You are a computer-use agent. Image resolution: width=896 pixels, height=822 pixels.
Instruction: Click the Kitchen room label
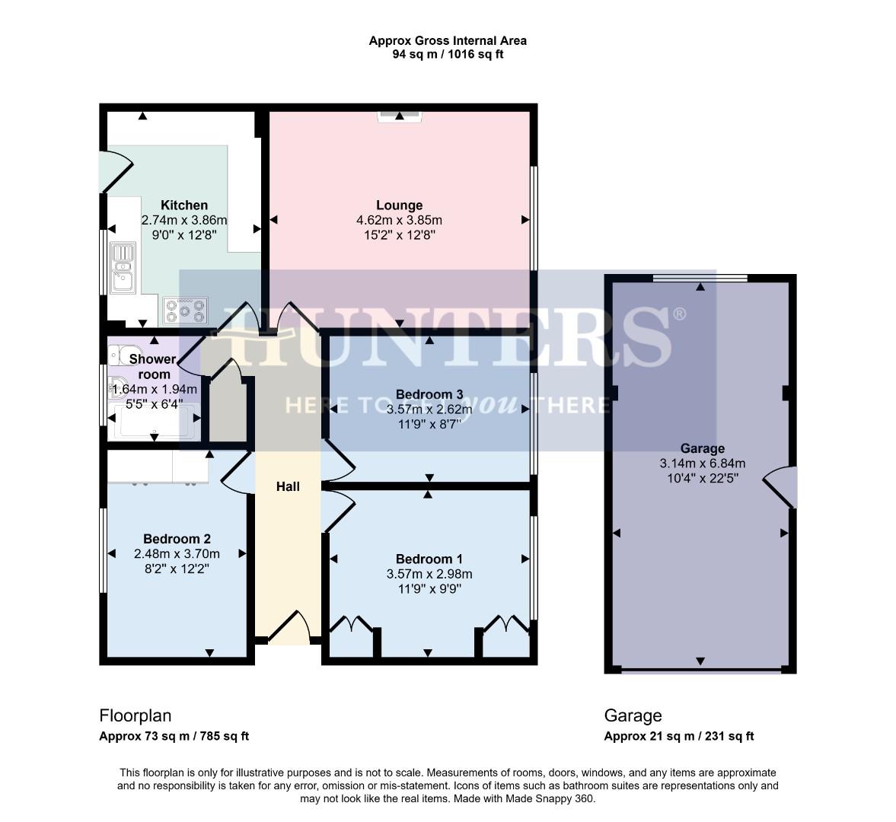(184, 205)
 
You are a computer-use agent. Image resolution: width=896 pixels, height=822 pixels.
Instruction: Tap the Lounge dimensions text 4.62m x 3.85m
(400, 221)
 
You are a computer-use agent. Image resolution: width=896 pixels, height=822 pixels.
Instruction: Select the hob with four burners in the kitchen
(183, 310)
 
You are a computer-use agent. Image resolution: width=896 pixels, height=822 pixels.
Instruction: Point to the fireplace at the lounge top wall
(400, 116)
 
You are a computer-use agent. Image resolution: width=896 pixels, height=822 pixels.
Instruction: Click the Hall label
(288, 486)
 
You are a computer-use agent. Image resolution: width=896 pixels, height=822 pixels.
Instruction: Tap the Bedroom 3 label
(429, 394)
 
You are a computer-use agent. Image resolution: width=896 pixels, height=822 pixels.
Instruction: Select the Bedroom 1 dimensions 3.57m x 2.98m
(429, 574)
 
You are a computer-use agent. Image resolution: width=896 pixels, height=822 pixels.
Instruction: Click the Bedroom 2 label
(177, 539)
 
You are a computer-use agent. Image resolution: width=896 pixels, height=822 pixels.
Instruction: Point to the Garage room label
(702, 448)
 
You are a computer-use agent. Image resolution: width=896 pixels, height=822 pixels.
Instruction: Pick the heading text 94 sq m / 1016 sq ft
(448, 55)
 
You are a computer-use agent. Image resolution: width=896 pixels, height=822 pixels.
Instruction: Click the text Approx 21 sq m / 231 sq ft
(678, 736)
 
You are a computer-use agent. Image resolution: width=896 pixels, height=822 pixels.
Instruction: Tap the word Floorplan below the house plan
(136, 715)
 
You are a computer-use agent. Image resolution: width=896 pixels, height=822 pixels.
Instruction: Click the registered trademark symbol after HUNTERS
(680, 314)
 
